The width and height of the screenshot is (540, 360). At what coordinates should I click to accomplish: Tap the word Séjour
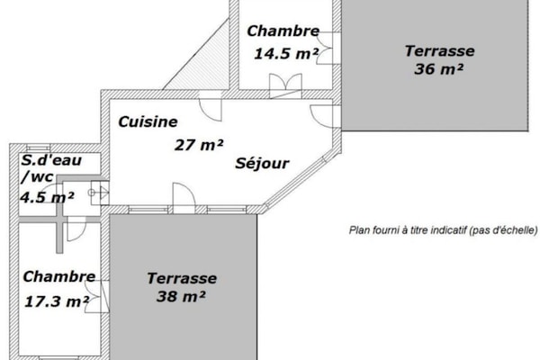(262, 164)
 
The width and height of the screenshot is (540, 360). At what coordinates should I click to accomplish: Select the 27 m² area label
(198, 143)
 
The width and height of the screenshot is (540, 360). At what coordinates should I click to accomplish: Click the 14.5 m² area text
(285, 53)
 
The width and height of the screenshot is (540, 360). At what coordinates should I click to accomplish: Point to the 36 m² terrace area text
(439, 69)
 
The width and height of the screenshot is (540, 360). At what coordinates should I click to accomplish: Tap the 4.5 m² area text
(48, 197)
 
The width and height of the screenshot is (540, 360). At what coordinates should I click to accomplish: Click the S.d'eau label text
(51, 161)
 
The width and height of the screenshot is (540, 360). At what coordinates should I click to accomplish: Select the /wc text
(41, 178)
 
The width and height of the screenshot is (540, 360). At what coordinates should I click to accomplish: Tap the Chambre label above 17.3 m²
(59, 277)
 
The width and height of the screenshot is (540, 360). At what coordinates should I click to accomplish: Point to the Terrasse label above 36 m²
(439, 50)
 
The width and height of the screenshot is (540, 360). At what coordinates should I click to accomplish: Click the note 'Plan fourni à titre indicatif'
(442, 230)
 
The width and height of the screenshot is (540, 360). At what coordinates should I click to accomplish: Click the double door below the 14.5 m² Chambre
(284, 85)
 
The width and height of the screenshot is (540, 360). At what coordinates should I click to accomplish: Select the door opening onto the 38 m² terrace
(183, 198)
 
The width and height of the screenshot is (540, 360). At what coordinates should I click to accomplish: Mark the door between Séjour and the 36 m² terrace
(323, 116)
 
